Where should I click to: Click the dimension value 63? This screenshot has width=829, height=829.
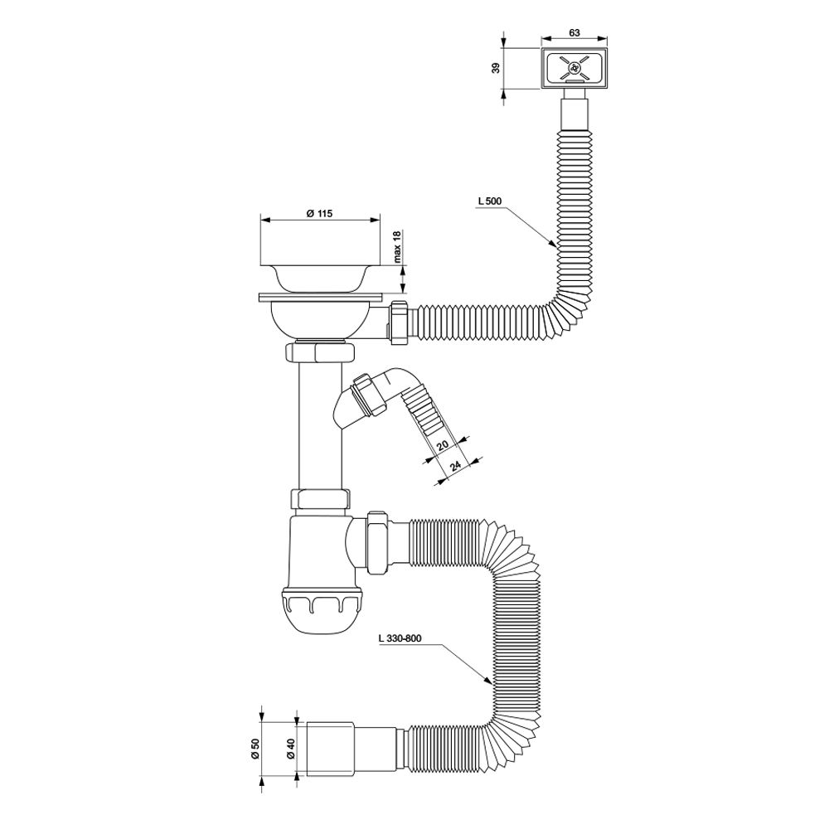(574, 32)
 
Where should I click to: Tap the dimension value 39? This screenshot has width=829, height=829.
(496, 68)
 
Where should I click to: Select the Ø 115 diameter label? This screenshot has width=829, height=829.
(319, 213)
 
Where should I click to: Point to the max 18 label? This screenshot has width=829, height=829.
(398, 247)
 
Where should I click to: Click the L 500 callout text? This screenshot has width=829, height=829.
(489, 201)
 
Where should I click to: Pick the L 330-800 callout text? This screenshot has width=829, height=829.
(400, 638)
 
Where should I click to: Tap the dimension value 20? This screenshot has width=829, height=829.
(443, 444)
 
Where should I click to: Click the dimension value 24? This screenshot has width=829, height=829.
(455, 465)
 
